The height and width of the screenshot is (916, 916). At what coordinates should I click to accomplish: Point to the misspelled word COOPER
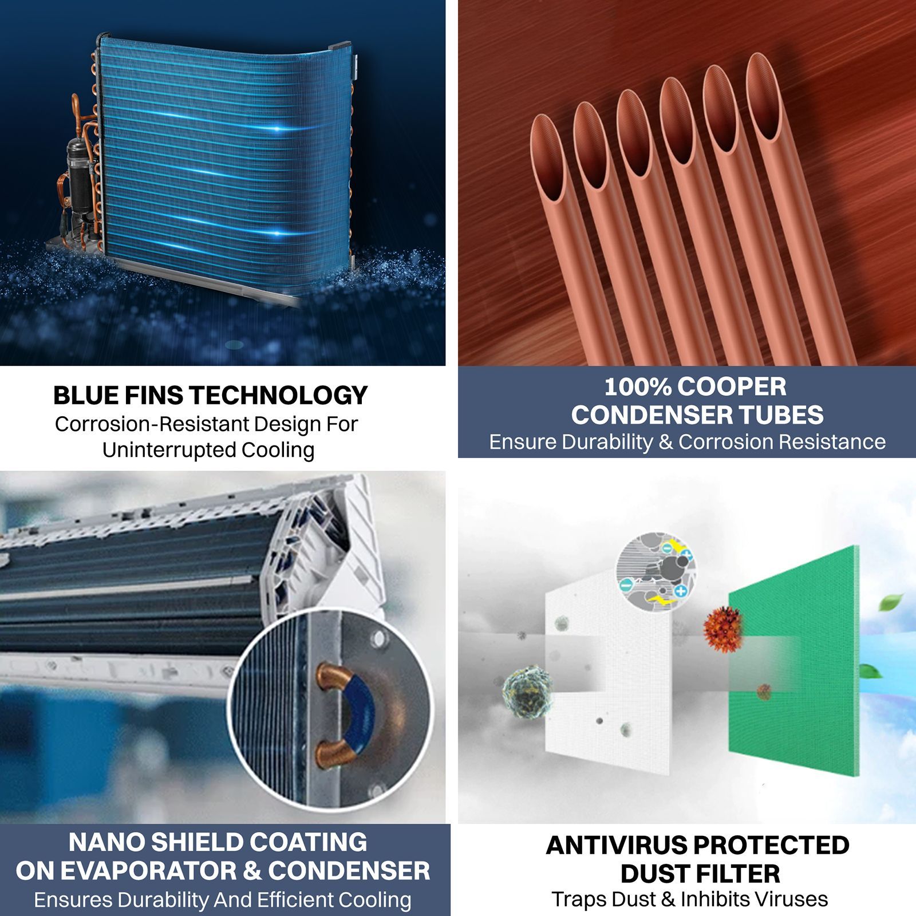click(732, 387)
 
